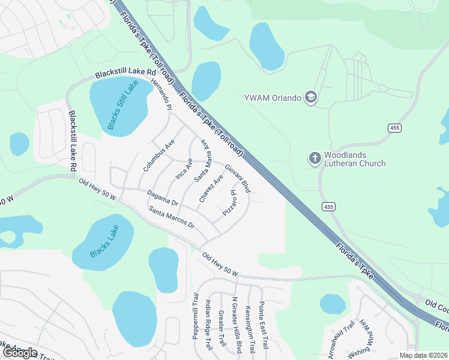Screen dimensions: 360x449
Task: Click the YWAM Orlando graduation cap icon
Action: pyautogui.click(x=310, y=98)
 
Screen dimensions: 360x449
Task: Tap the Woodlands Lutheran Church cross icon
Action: pyautogui.click(x=315, y=158)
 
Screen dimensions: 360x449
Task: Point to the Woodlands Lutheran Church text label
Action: pyautogui.click(x=354, y=159)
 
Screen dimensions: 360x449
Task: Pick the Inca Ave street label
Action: pyautogui.click(x=184, y=169)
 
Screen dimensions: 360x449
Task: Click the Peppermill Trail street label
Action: pyautogui.click(x=195, y=316)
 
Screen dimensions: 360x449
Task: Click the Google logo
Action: pyautogui.click(x=19, y=353)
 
